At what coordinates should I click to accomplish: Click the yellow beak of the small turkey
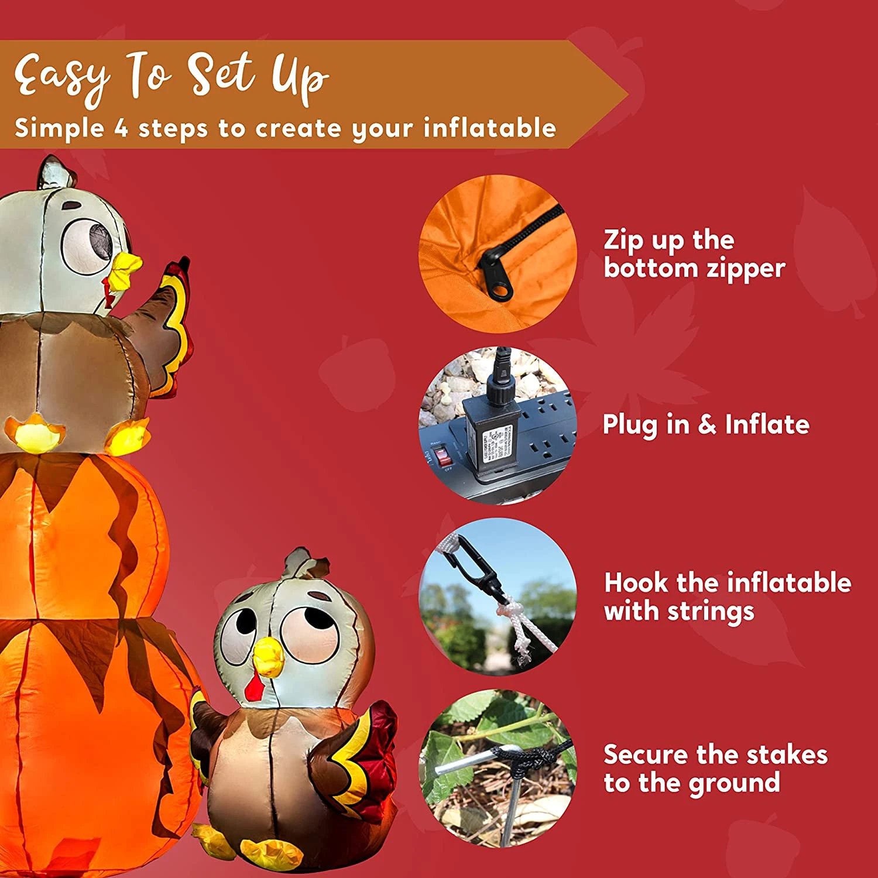(x=268, y=656)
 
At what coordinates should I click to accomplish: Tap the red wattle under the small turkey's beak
(x=253, y=686)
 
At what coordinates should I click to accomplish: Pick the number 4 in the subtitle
(x=121, y=128)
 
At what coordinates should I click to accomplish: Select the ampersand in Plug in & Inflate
(x=707, y=424)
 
